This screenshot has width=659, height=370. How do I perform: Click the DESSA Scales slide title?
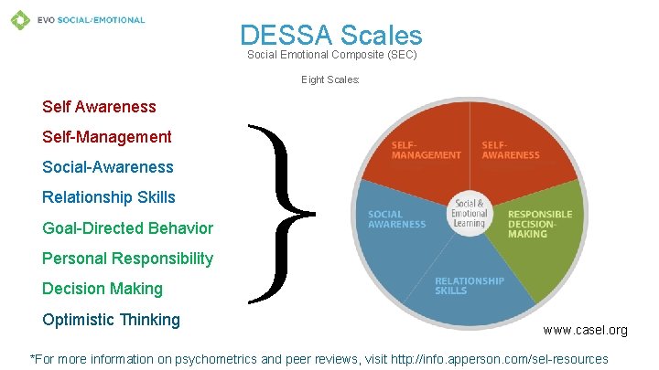coord(330,35)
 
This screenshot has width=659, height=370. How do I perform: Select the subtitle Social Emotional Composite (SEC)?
coord(332,55)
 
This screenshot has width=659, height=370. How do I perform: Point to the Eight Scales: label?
coord(330,80)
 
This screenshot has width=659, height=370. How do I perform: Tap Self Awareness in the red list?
coord(99,107)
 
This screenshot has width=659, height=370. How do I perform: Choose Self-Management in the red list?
coord(106,137)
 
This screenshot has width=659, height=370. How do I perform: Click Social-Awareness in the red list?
coord(107,167)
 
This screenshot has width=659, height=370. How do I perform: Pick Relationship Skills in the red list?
coord(108,197)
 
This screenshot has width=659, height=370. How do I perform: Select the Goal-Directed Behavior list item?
coord(127,228)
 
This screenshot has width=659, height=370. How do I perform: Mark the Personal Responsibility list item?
coord(127,259)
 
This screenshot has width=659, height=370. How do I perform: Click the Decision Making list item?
coord(102,289)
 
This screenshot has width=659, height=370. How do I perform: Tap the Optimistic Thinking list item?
coord(111,320)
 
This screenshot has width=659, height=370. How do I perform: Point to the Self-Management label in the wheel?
coord(426,150)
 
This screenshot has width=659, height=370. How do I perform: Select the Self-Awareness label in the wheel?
coord(510,150)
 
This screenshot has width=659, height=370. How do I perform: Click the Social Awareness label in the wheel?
coord(397,220)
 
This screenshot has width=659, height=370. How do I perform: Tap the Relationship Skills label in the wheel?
coord(469,285)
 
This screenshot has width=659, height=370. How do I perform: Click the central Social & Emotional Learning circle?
coord(470,214)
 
